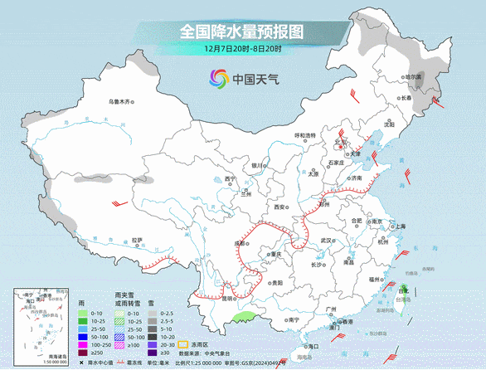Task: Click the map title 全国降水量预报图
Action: [x=242, y=32]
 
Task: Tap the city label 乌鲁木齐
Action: [x=120, y=102]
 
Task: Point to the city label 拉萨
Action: [x=138, y=241]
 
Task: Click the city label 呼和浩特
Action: [x=306, y=135]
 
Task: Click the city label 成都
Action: [x=241, y=243]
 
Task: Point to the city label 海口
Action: [x=313, y=345]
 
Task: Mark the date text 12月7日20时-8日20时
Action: [x=242, y=49]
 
